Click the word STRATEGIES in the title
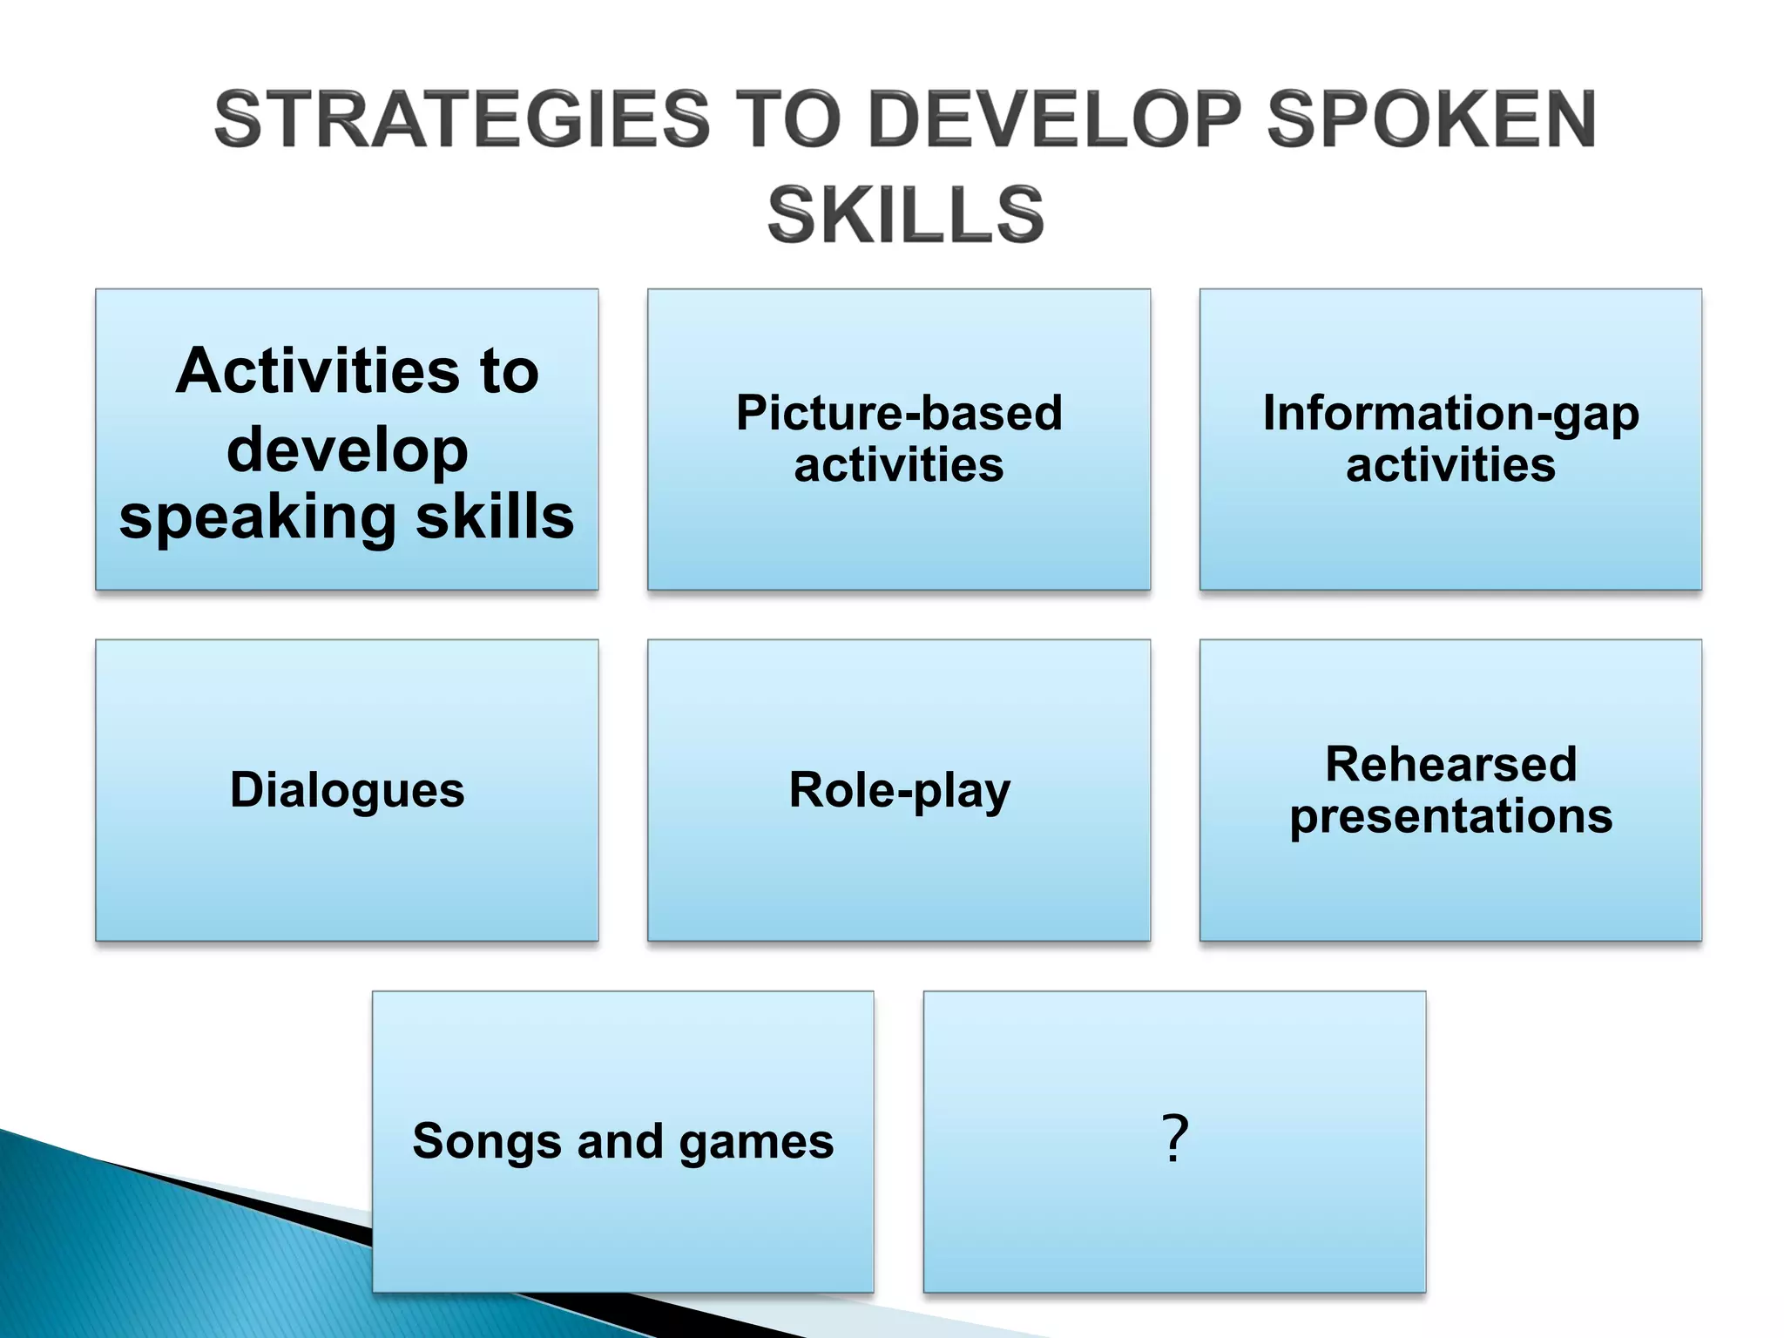coord(463,119)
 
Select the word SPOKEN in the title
coord(1431,119)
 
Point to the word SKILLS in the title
coord(905,215)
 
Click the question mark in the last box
coord(1174,1139)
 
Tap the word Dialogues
coord(347,790)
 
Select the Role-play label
coord(899,790)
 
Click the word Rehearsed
coord(1450,764)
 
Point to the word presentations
coord(1450,817)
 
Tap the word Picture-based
coord(899,413)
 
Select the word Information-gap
coord(1450,413)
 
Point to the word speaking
coord(257,518)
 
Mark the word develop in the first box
coord(347,450)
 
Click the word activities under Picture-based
coord(899,464)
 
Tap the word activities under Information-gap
coord(1450,464)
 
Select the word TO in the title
coord(788,119)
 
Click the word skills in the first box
coord(495,517)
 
